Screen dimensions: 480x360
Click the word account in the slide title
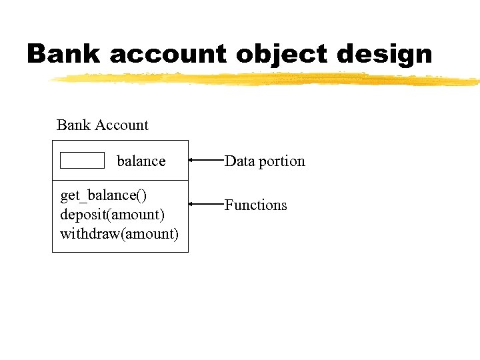(168, 53)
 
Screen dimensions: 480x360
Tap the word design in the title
(385, 55)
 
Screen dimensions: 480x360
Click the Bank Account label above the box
(103, 125)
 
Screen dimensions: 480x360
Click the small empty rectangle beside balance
(82, 160)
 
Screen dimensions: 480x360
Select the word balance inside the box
(141, 161)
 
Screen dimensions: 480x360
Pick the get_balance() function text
(103, 196)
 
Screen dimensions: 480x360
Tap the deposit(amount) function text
(112, 215)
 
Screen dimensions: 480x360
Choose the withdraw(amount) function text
(119, 234)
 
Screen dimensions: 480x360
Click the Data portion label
(265, 161)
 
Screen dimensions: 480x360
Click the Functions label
(256, 205)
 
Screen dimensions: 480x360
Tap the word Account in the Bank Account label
(122, 125)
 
